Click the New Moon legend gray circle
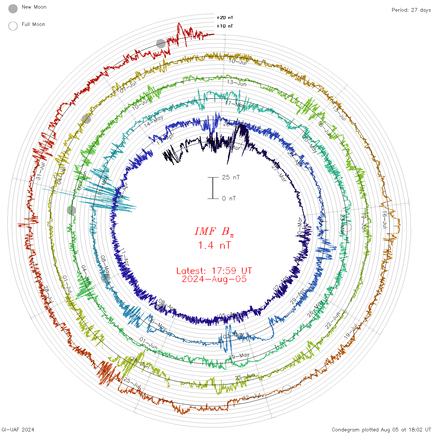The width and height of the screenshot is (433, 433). pos(13,9)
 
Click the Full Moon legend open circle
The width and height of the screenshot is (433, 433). pos(13,26)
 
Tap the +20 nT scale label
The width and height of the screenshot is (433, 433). pos(225,18)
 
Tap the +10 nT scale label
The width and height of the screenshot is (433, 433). pos(225,26)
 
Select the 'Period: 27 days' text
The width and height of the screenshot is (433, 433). pos(411,10)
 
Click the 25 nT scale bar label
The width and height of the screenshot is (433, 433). pos(231,177)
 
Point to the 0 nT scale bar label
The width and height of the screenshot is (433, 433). pos(229,198)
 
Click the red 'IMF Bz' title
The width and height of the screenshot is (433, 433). pos(214,231)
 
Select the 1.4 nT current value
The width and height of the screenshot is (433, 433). pos(214,245)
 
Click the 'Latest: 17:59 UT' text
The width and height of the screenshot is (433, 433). pos(214,271)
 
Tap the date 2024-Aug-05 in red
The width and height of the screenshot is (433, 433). pos(214,279)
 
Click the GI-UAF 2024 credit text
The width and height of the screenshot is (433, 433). pos(18,429)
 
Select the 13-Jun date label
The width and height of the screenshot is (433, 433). pos(237,83)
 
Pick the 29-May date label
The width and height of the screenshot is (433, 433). pos(239,356)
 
